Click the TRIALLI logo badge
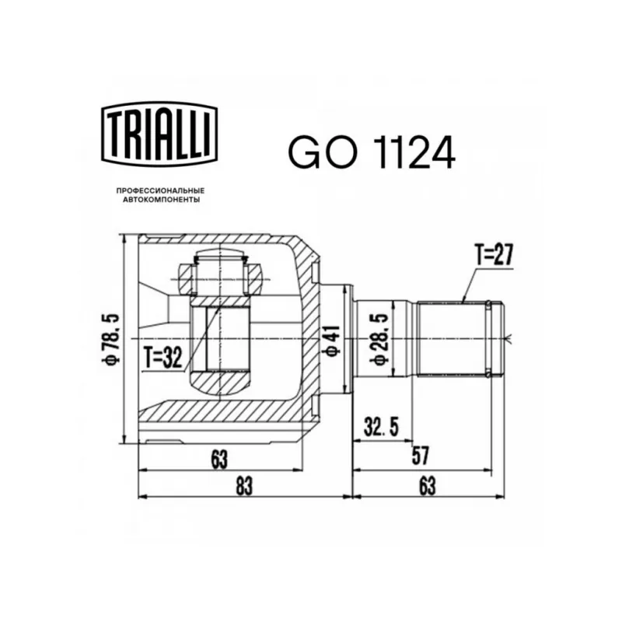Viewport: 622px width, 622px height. tap(159, 135)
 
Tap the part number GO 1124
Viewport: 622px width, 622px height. tap(372, 152)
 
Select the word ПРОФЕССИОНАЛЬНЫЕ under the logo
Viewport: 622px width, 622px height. tap(160, 191)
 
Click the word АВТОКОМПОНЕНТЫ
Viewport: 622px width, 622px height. tap(162, 200)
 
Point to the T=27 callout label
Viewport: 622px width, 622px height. tap(494, 255)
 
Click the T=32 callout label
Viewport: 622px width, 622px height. tap(163, 358)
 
